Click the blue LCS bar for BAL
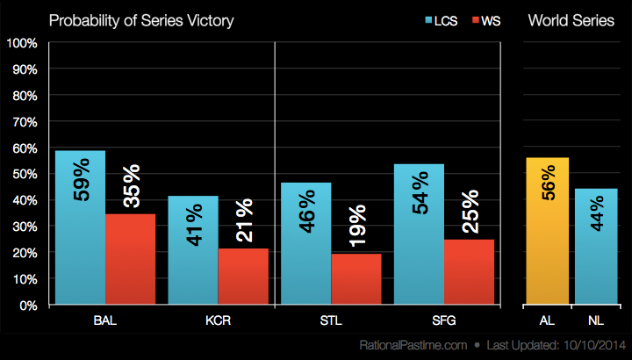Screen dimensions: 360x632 click(x=80, y=227)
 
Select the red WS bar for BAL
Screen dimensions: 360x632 click(x=130, y=259)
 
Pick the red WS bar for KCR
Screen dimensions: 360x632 click(x=243, y=277)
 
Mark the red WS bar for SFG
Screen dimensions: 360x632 click(x=469, y=272)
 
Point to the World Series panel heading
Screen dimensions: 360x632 click(x=571, y=20)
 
